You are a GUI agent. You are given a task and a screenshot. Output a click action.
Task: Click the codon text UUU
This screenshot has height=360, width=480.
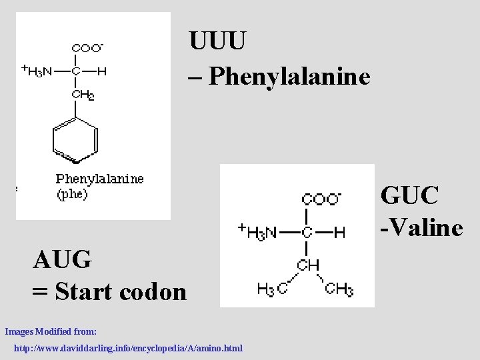click(x=217, y=41)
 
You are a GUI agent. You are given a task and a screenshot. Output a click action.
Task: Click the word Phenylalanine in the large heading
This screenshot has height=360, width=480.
click(x=289, y=77)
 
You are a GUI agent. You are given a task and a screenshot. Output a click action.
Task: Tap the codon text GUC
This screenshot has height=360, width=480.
click(x=409, y=196)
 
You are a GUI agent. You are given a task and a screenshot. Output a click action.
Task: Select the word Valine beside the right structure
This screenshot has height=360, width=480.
click(x=427, y=228)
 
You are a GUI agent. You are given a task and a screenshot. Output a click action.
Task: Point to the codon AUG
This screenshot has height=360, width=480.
click(x=62, y=259)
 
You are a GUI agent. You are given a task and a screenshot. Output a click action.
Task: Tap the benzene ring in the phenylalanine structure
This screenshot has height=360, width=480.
click(x=75, y=140)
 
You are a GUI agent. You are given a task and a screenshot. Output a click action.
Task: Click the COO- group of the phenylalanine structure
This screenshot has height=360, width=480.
click(x=87, y=48)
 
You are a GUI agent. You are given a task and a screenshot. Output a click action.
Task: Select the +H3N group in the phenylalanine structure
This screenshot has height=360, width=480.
click(x=37, y=71)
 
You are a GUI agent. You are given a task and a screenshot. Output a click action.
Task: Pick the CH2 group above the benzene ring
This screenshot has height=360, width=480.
click(x=82, y=95)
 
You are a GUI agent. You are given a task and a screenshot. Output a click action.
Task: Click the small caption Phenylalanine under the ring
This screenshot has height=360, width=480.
click(x=99, y=179)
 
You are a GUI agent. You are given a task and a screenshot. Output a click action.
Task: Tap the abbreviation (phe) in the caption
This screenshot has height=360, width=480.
click(x=71, y=195)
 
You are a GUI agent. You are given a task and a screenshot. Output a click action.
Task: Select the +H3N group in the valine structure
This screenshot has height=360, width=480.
click(x=257, y=232)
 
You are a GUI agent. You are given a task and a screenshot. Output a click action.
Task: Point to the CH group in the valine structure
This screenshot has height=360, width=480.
click(x=309, y=265)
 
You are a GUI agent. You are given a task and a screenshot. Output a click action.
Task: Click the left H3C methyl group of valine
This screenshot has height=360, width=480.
click(x=273, y=289)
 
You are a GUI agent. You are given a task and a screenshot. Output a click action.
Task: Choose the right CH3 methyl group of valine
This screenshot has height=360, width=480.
click(x=339, y=289)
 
